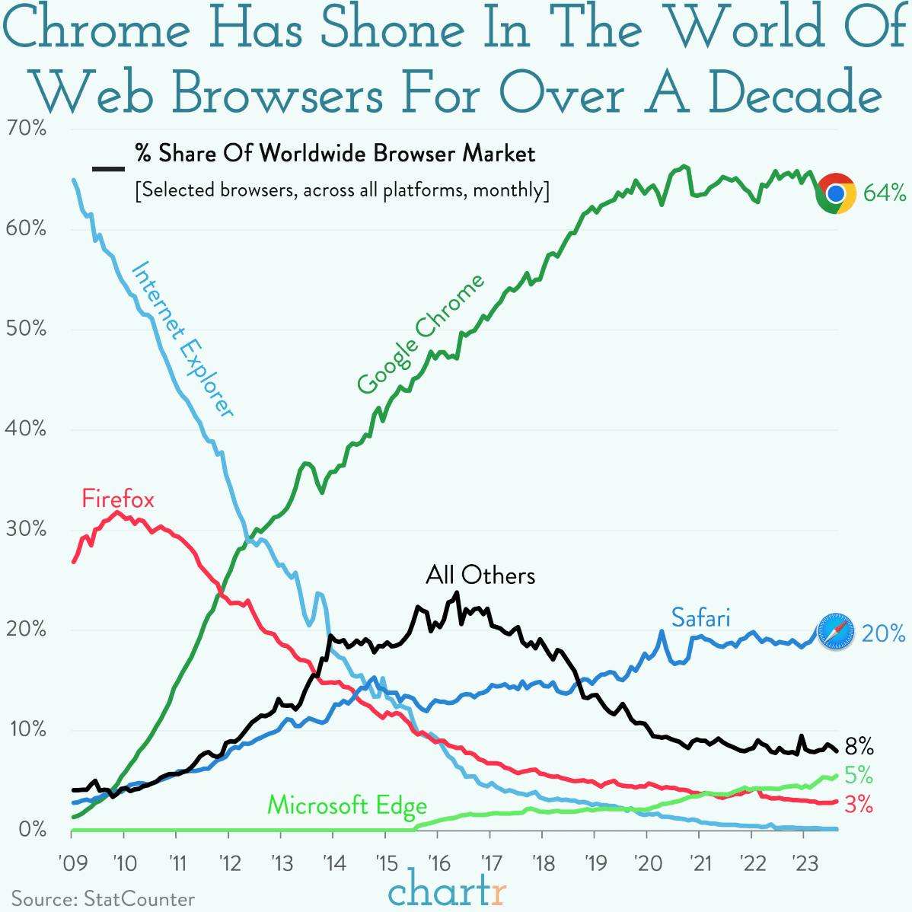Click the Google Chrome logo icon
[836, 193]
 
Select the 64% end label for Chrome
[884, 193]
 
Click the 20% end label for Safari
[883, 633]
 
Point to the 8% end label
[859, 745]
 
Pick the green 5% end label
[858, 775]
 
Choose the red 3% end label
[858, 804]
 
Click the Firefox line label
[118, 499]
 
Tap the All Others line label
[480, 575]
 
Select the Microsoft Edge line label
[347, 805]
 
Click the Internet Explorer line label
[183, 340]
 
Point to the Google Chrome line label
[420, 335]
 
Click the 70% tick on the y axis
[26, 129]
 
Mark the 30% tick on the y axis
[26, 529]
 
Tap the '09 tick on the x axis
[72, 864]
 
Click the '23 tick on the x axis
[803, 864]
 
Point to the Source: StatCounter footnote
[103, 899]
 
